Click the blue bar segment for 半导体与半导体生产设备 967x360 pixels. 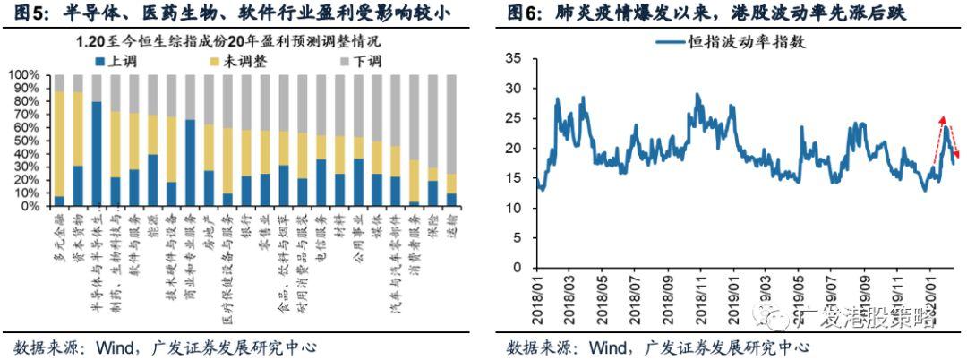[97, 154]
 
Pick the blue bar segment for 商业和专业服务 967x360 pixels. [190, 163]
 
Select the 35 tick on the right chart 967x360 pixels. [513, 59]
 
